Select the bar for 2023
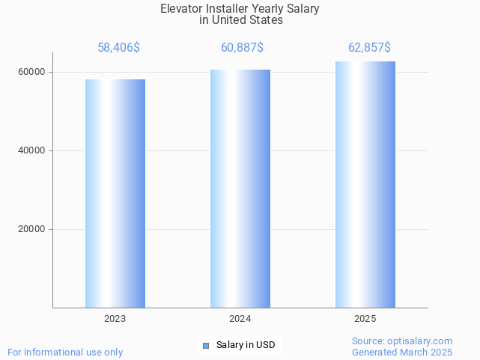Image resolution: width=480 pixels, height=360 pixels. [115, 193]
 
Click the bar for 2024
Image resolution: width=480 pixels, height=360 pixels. [240, 189]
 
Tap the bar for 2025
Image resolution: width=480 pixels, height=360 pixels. [365, 185]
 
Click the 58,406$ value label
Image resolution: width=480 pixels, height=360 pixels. [118, 48]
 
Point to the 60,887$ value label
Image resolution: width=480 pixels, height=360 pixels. [242, 48]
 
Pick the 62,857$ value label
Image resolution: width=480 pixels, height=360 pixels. [369, 48]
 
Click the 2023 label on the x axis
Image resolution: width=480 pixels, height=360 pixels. [115, 319]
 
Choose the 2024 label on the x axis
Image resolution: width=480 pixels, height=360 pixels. [240, 319]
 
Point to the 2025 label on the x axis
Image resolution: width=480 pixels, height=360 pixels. [365, 319]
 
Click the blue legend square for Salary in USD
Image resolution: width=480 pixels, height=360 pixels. [206, 345]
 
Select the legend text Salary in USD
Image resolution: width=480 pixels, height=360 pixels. [246, 345]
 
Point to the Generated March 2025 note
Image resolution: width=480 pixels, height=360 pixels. [402, 352]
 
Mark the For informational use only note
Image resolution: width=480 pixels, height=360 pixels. [65, 352]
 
